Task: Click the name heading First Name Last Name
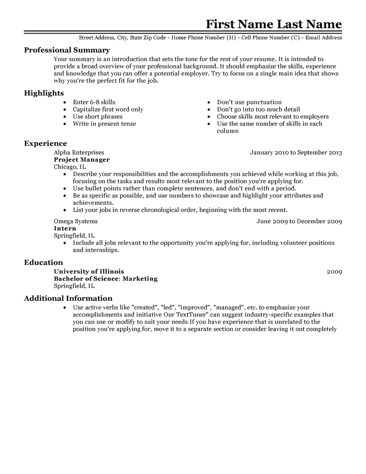[x=274, y=24]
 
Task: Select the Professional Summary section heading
[x=67, y=50]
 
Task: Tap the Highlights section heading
[x=44, y=93]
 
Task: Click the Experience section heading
[x=46, y=144]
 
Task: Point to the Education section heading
[x=44, y=262]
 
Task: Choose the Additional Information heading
[x=68, y=298]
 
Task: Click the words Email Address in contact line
[x=324, y=37]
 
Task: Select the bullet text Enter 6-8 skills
[x=94, y=102]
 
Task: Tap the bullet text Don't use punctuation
[x=249, y=102]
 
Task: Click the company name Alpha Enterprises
[x=79, y=152]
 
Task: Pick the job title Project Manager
[x=81, y=160]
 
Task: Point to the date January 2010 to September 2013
[x=296, y=152]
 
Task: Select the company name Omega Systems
[x=76, y=221]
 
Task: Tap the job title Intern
[x=65, y=229]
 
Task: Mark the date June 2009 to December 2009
[x=299, y=221]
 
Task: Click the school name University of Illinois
[x=89, y=272]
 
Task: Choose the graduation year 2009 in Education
[x=334, y=272]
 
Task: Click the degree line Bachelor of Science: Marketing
[x=106, y=279]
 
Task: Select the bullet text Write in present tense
[x=104, y=124]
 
